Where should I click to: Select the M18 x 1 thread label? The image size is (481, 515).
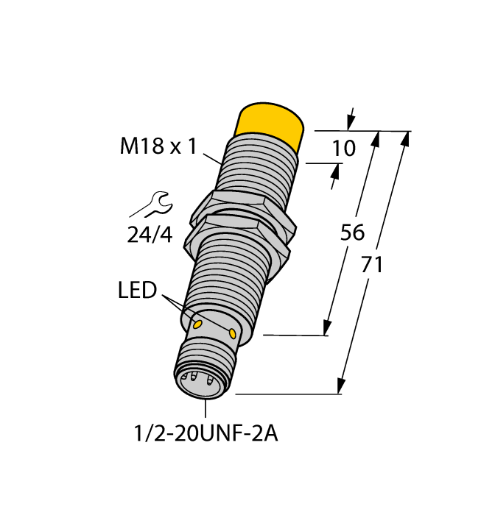[158, 146]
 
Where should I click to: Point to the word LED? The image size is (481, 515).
[137, 290]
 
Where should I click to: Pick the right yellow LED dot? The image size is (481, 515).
[234, 334]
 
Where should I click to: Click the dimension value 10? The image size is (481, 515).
[343, 149]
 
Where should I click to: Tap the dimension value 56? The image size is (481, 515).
[352, 232]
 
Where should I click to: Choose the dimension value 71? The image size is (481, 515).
[372, 265]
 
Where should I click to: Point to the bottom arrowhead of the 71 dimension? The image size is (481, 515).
[342, 386]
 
